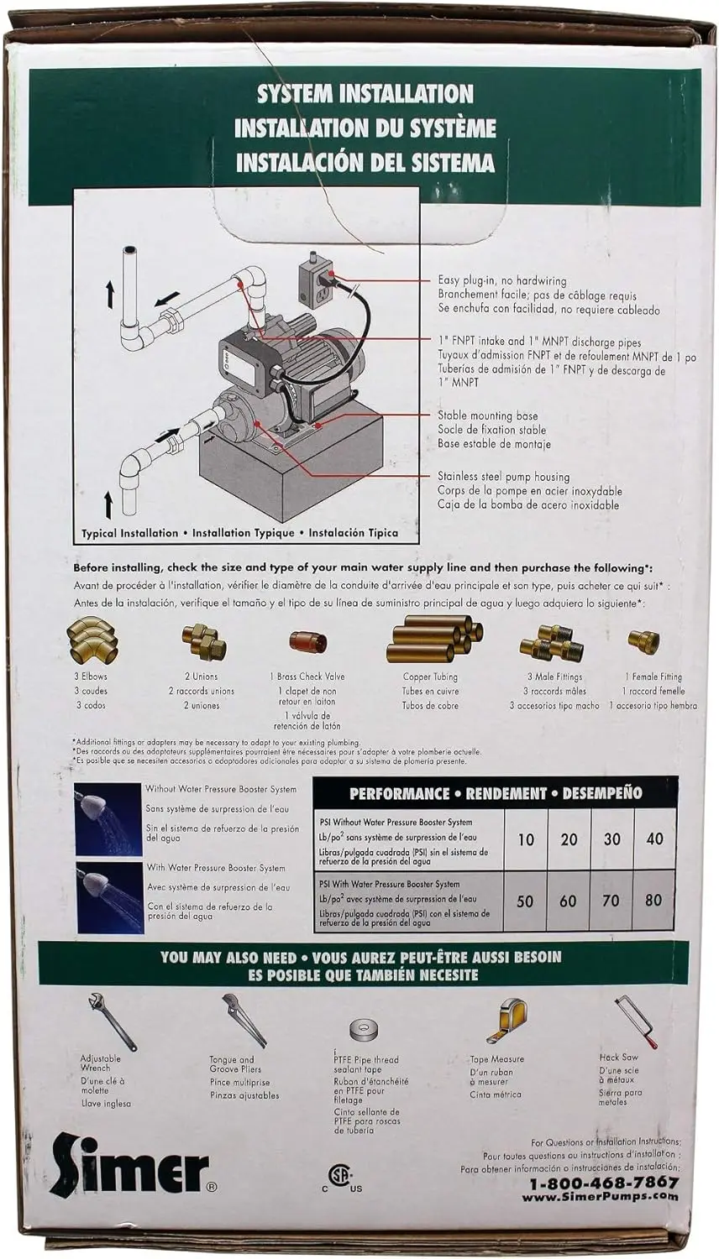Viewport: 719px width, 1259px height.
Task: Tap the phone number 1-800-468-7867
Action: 603,1183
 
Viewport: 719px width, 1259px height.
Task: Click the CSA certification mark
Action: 339,1176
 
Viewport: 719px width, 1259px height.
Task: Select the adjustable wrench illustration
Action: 110,1019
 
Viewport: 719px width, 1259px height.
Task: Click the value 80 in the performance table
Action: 653,901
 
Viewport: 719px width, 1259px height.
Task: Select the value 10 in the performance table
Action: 526,839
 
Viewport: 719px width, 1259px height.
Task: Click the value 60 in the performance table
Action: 568,901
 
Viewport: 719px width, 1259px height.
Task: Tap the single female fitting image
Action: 643,641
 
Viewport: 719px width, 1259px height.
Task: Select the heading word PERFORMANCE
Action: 399,793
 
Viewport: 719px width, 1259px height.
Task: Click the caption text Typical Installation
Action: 129,533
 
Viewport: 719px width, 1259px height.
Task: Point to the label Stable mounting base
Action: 487,415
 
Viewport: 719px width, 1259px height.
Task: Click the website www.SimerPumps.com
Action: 600,1197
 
